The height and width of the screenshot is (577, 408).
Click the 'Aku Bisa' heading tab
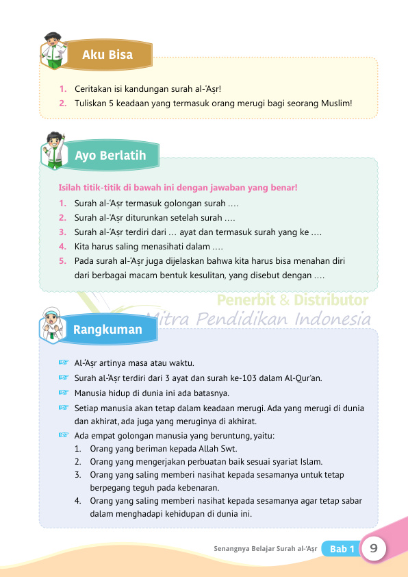pyautogui.click(x=107, y=55)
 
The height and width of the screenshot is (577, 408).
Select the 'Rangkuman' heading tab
pyautogui.click(x=107, y=330)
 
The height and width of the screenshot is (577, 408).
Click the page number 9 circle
pyautogui.click(x=374, y=548)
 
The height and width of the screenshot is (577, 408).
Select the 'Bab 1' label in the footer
pyautogui.click(x=342, y=549)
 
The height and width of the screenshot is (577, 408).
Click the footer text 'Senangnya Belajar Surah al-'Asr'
pyautogui.click(x=265, y=549)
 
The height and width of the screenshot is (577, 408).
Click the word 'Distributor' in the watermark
pyautogui.click(x=332, y=300)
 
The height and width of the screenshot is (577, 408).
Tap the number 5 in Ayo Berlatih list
pyautogui.click(x=62, y=261)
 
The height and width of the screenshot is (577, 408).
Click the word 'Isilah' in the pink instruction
pyautogui.click(x=72, y=187)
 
